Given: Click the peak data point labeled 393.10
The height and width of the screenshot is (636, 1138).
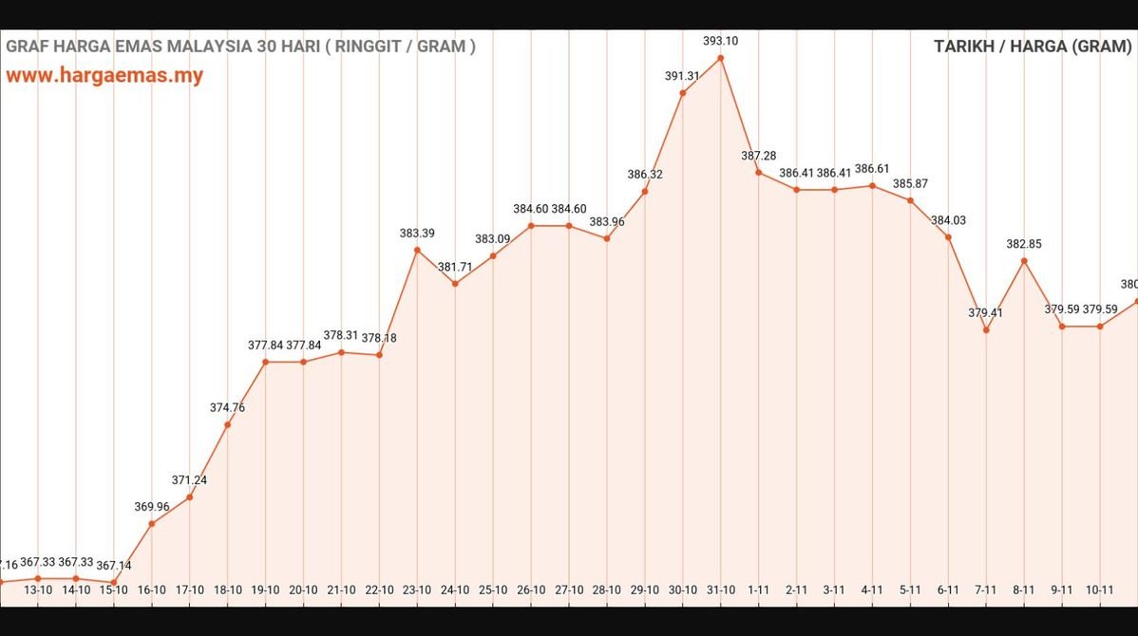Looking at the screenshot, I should coord(721,58).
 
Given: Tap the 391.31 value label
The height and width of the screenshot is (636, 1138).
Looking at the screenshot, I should coord(682,77).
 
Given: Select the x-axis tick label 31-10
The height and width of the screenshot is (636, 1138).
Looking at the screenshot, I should coord(721,589).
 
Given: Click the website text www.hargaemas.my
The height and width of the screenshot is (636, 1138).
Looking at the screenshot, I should coord(104,76).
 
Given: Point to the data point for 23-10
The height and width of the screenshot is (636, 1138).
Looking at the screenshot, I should coord(417,250).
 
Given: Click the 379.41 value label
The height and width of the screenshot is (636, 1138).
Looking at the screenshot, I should coord(986,312).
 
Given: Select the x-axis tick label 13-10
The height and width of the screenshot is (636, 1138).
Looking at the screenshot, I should coord(38,589).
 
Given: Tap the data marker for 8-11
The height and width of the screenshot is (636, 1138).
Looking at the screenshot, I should coord(1024,260).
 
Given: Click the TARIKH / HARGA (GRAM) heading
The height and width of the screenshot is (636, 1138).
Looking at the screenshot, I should coord(1033,47).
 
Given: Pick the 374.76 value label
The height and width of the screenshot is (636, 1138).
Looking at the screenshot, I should coord(227,407).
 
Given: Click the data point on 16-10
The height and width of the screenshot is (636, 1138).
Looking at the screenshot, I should coord(152,524).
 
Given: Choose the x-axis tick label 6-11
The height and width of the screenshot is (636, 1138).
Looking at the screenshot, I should coord(948,589).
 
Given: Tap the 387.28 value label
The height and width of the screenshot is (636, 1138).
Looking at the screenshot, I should coord(759,156).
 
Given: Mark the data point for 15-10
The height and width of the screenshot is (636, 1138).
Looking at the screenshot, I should coord(114,582).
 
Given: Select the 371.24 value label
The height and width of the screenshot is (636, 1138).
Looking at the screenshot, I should coord(189,480).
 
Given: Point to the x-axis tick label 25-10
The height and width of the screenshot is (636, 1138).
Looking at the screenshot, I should coord(493,589).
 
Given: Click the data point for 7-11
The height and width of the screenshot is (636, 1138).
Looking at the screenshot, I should coord(986,330).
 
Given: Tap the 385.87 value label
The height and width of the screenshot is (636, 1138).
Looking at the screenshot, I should coord(910,183).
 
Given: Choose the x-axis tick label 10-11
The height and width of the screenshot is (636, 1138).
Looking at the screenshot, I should coord(1100,589).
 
